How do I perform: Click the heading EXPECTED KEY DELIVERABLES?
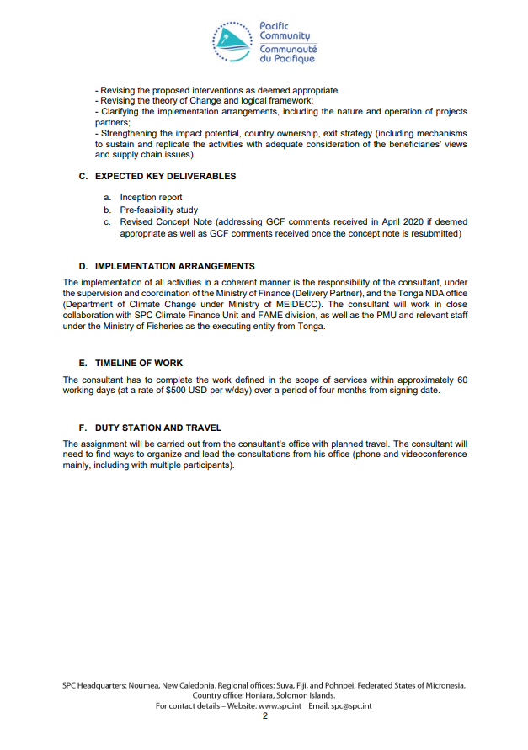165,177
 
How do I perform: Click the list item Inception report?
151,198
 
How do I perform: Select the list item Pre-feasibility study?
156,210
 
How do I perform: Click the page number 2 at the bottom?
264,716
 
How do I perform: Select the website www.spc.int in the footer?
281,706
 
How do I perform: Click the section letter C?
83,177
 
